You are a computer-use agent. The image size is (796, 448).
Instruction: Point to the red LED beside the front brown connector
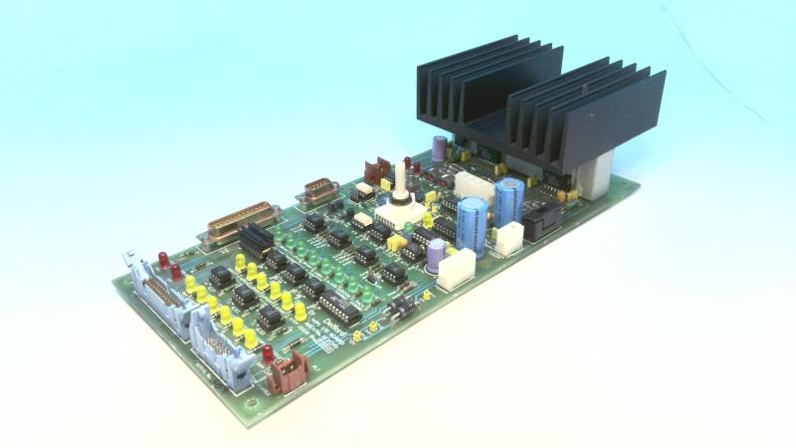tap(267, 352)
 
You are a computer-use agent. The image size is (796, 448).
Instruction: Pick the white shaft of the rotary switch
tap(402, 183)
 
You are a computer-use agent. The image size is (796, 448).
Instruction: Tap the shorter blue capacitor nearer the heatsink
tap(509, 200)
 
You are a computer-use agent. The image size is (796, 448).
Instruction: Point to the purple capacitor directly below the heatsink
tap(439, 149)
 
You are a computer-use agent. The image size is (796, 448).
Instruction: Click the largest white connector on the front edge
tap(456, 269)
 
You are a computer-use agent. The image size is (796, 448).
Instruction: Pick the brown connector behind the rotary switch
tap(379, 169)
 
